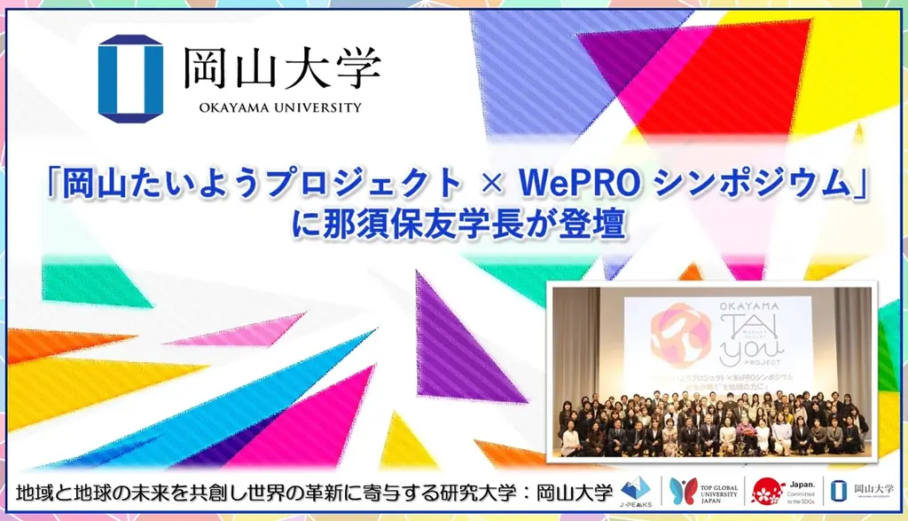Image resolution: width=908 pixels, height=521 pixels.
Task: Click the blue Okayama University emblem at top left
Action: [x=130, y=78]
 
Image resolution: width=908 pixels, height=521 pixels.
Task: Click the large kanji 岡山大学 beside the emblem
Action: [x=282, y=69]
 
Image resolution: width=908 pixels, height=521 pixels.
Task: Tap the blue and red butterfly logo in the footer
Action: [x=683, y=491]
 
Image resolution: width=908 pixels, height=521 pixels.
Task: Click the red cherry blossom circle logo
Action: [x=768, y=491]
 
